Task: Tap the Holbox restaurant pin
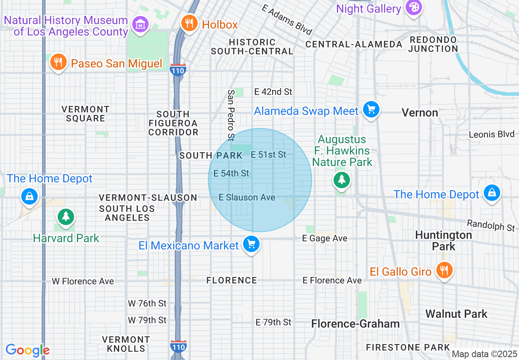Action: (x=189, y=23)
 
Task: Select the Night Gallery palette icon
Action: (x=413, y=8)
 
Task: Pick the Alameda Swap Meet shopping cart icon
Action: (x=371, y=110)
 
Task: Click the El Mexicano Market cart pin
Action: (x=251, y=244)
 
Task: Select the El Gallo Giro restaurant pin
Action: (x=443, y=270)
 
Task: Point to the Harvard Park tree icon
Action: (x=65, y=216)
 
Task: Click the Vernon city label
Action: (x=420, y=112)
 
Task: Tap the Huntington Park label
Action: (x=444, y=241)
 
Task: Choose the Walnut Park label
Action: (x=456, y=314)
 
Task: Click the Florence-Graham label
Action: (x=355, y=324)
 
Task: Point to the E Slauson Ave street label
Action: (x=247, y=197)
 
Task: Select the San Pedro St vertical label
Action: (x=231, y=115)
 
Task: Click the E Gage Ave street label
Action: (x=325, y=238)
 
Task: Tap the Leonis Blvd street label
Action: (x=492, y=134)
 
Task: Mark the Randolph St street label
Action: (x=491, y=225)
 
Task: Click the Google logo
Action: (x=27, y=350)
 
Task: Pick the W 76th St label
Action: (x=147, y=303)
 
